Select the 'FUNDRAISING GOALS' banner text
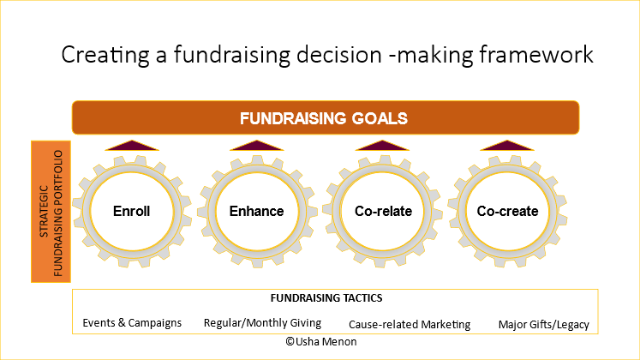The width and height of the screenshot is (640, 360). tap(323, 117)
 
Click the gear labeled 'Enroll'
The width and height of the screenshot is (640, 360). tap(131, 211)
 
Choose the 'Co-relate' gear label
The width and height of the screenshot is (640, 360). tap(382, 211)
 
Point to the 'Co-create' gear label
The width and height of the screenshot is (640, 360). tap(507, 211)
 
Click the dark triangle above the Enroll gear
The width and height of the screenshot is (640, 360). tap(132, 146)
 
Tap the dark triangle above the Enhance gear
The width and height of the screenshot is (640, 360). tap(257, 146)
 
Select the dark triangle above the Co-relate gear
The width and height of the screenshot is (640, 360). tap(383, 146)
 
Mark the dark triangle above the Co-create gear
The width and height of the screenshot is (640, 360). tap(508, 146)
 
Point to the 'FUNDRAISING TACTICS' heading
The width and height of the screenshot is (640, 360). tap(326, 298)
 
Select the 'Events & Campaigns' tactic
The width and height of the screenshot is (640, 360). tap(132, 323)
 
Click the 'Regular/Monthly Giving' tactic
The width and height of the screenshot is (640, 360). tap(262, 323)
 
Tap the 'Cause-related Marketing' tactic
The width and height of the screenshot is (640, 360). tap(410, 324)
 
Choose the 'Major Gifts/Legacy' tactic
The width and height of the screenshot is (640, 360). tap(543, 324)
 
